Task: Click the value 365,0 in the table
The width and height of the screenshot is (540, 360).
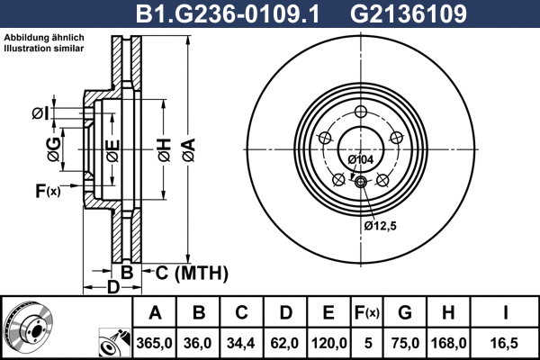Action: (x=154, y=343)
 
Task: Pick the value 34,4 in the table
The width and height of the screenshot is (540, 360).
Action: (x=241, y=343)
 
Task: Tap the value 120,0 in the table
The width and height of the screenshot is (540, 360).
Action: (x=328, y=343)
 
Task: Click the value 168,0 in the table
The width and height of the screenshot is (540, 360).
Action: (x=448, y=343)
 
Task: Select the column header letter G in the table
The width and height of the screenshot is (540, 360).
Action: (x=405, y=313)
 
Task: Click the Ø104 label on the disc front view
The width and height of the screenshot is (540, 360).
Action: (x=360, y=159)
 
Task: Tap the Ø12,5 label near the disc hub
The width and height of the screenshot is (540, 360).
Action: (x=381, y=226)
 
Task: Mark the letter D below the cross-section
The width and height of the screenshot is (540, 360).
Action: (x=112, y=287)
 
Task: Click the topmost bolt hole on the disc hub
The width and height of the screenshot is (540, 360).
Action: (x=361, y=112)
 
